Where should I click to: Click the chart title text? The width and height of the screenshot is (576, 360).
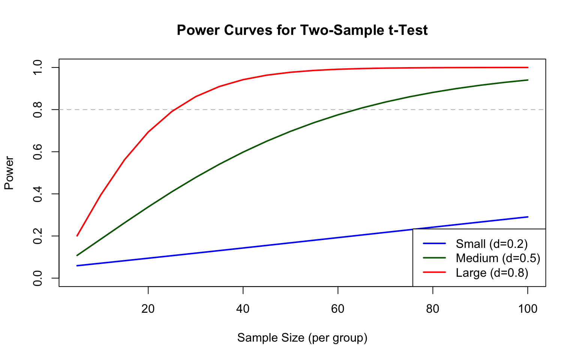click(x=302, y=30)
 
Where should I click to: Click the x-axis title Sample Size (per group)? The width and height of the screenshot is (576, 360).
click(x=302, y=338)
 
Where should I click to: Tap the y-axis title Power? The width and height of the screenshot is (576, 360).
click(x=9, y=173)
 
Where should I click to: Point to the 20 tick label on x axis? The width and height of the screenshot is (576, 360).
click(x=148, y=309)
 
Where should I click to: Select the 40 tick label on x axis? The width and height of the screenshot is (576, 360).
click(x=243, y=309)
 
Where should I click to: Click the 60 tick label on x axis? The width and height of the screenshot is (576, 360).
click(x=338, y=309)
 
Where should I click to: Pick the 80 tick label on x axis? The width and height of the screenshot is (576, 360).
click(x=433, y=309)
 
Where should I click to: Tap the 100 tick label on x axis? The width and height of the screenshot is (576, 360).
click(x=528, y=309)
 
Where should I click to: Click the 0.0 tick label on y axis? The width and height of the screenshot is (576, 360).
click(x=37, y=278)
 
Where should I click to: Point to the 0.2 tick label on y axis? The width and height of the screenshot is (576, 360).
click(x=37, y=236)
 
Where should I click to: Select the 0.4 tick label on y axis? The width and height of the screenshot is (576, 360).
click(x=37, y=194)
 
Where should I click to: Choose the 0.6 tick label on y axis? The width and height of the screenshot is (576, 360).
click(x=37, y=152)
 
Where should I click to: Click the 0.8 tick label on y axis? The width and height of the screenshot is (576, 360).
click(x=37, y=109)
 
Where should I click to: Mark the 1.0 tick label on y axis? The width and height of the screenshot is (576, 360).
click(x=37, y=67)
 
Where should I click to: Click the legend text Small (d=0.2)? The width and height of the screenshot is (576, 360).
click(x=492, y=244)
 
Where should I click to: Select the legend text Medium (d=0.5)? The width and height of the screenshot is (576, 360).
click(x=498, y=258)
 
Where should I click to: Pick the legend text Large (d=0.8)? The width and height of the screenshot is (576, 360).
click(x=492, y=273)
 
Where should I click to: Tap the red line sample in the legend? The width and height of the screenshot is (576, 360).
click(x=434, y=273)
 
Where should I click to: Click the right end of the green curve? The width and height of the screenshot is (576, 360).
click(x=528, y=80)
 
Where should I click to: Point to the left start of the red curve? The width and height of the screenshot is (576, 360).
click(x=77, y=236)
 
